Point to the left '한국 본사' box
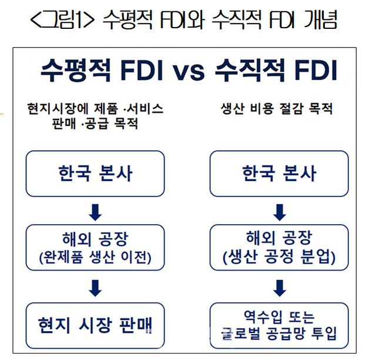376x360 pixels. coord(95,174)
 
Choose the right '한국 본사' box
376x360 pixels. coord(279,174)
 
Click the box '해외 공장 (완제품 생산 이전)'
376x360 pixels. coord(95,248)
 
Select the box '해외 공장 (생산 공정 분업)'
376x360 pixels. coord(279,248)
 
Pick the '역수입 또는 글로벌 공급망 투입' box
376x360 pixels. coord(279,325)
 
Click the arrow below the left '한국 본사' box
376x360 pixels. coord(95,212)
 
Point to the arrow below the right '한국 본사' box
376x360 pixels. coord(280,212)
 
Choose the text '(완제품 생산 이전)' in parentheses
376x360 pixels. coord(95,258)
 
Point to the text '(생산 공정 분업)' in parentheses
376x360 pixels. coord(279,258)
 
